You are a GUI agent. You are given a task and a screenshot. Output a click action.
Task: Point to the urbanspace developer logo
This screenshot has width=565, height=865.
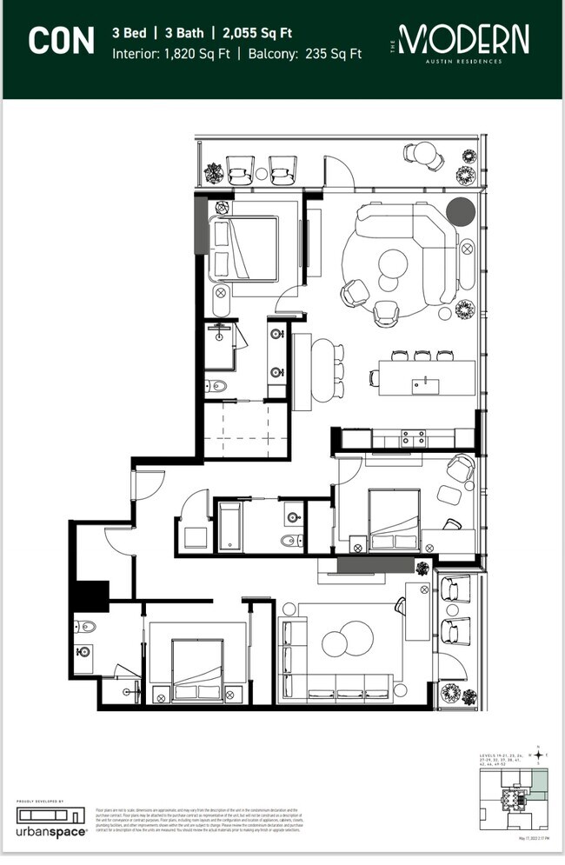tap(51, 822)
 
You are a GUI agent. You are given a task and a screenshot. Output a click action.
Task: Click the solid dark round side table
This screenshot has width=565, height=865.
tap(461, 212)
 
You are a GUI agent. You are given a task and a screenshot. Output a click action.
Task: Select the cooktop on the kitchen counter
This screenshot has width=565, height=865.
tap(410, 440)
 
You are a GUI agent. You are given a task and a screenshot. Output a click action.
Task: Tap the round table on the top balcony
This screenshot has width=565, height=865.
tap(424, 154)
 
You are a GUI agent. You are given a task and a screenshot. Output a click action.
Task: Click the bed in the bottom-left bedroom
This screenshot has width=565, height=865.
tap(199, 671)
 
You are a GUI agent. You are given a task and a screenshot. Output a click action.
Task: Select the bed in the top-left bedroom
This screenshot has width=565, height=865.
tap(245, 249)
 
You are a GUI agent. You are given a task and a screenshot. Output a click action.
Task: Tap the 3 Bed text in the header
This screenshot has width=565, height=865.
tap(129, 34)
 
